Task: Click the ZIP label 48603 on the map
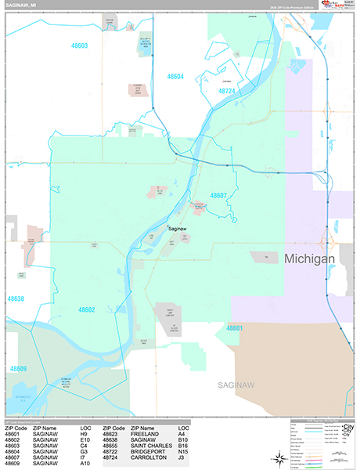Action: pos(78,46)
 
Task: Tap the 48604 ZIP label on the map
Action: pos(175,77)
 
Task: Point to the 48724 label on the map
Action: pos(226,92)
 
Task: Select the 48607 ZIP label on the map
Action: pos(218,195)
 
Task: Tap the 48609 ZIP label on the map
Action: pos(18,368)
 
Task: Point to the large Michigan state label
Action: pos(309,258)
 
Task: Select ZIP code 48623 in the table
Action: pos(113,433)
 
